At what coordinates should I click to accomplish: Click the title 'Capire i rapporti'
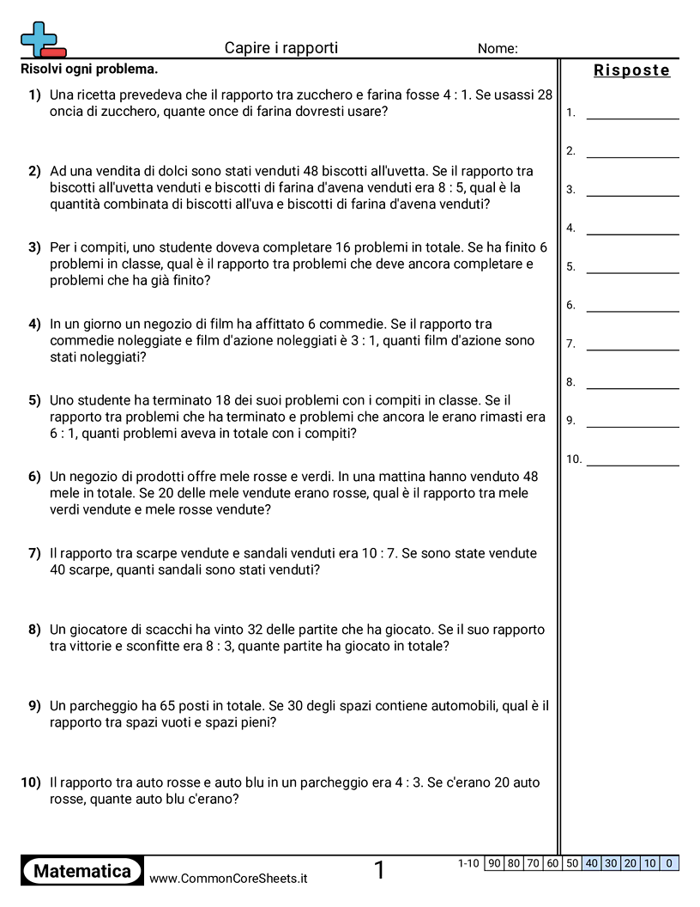tap(281, 48)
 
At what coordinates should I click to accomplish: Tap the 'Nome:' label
tap(498, 49)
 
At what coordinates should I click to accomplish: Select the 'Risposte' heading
tap(631, 71)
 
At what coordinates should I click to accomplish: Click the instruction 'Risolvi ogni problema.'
tap(89, 69)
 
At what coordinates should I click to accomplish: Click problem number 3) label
tap(34, 247)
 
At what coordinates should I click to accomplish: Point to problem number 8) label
tap(34, 630)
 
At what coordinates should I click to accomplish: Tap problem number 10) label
tap(31, 782)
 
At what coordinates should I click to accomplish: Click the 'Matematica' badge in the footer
tap(82, 871)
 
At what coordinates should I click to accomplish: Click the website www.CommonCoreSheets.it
tap(228, 879)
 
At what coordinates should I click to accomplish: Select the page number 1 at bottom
tap(380, 871)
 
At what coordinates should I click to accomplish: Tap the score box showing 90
tap(494, 863)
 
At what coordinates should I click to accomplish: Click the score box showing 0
tap(670, 863)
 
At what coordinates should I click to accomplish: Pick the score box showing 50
tap(572, 863)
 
